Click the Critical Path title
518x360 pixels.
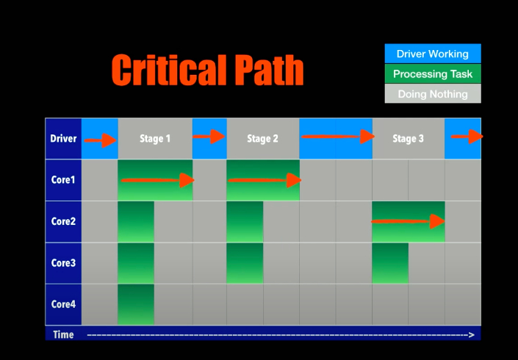coord(207,70)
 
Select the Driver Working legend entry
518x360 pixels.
coord(432,54)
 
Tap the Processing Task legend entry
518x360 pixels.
coord(432,73)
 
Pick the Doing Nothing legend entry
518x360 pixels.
coord(432,93)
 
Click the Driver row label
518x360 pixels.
coord(63,138)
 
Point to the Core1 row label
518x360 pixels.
coord(63,180)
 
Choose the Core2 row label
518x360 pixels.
coord(63,221)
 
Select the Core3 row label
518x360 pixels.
coord(63,263)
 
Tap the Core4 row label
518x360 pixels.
coord(63,304)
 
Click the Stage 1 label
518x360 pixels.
coord(154,138)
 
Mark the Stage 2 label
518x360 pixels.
coord(262,138)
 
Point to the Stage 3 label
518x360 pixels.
coord(408,138)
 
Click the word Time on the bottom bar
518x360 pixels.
coord(63,334)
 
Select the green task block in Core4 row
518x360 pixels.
coord(136,304)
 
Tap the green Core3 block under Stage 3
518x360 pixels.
coord(390,263)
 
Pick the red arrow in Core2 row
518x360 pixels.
coord(409,221)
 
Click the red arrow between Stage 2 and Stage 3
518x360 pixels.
coord(336,137)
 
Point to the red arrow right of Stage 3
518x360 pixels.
coord(466,137)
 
